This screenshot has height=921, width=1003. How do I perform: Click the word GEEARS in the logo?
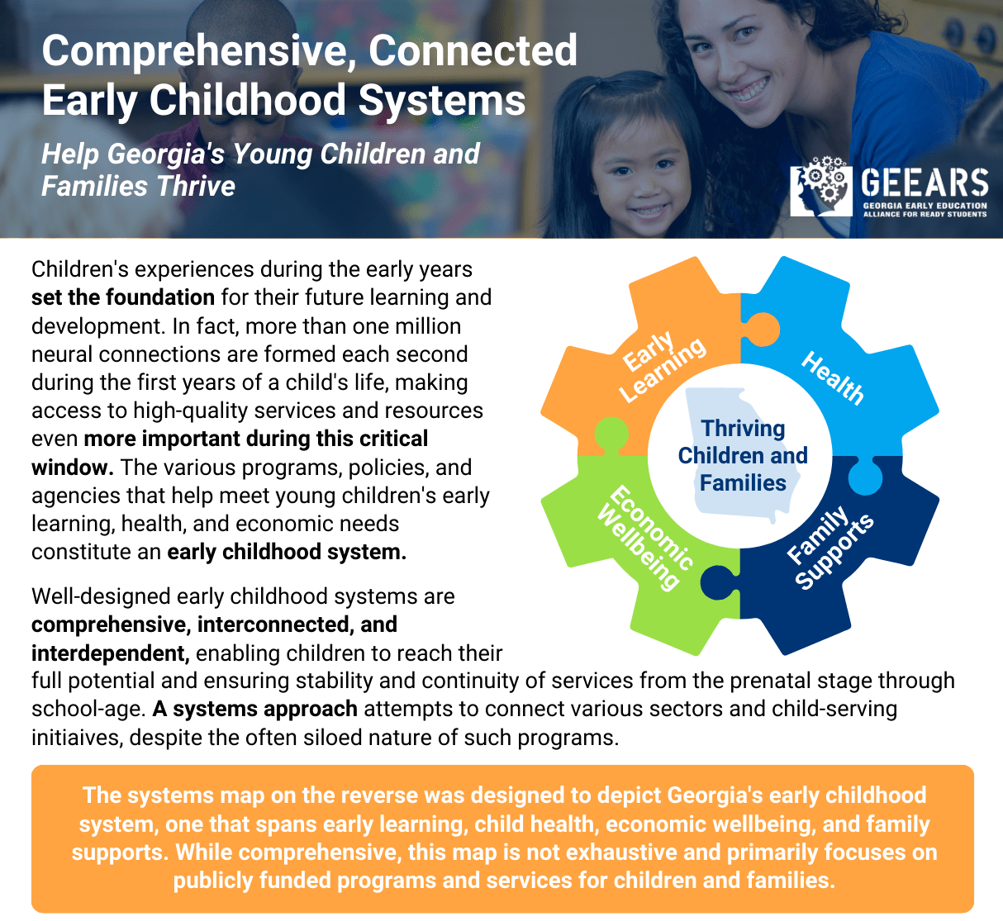point(925,183)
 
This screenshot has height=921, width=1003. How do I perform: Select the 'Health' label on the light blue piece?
point(833,378)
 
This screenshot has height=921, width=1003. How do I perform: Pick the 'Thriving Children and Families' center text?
point(743,455)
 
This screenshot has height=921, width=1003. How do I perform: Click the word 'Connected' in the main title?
point(473,50)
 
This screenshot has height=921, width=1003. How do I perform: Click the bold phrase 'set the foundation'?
point(123,297)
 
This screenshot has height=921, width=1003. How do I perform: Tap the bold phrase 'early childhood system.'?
point(287,552)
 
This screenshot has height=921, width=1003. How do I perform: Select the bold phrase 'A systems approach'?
point(255,709)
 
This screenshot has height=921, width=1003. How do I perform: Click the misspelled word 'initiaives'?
point(78,737)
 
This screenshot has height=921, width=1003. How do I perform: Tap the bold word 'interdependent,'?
point(111,653)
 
